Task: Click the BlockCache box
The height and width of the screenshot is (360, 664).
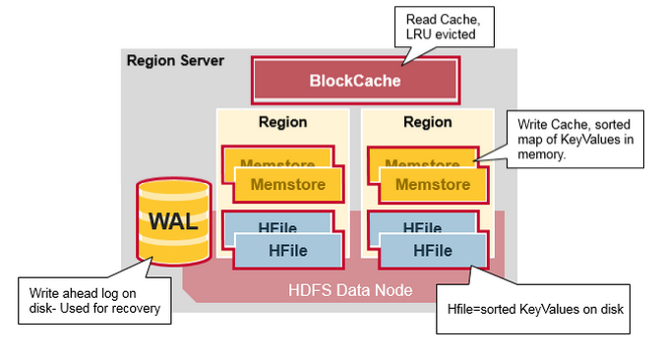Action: coord(355,80)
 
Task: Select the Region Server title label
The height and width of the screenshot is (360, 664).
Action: coord(175,61)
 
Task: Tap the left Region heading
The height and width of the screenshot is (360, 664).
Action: coord(282,123)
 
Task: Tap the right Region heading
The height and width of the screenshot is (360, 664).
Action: coord(427,123)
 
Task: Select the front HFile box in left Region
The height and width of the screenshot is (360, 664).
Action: coord(288,251)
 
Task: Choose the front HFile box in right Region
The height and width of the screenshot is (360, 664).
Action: coord(433,251)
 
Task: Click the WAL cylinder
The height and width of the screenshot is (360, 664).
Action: coord(173,222)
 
